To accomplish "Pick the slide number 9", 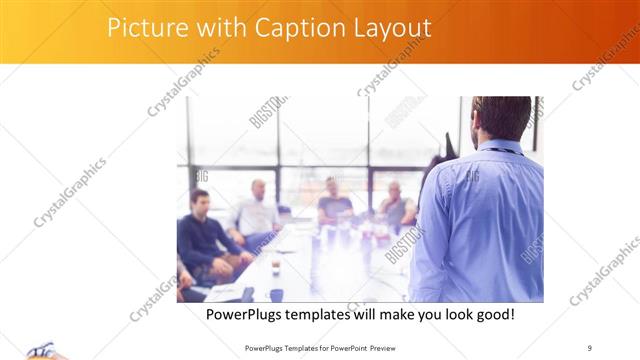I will [x=590, y=347].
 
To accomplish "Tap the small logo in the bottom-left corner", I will [x=40, y=350].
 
